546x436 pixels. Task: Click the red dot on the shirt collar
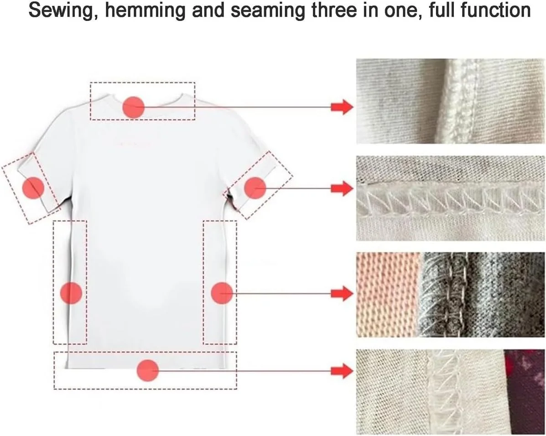(x=133, y=107)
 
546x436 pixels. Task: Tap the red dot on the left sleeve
(x=33, y=188)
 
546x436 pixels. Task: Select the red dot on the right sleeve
(x=255, y=188)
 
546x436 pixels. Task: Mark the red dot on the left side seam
(x=71, y=292)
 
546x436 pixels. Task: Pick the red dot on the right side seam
(x=222, y=292)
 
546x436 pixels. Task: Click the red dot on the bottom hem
(x=148, y=370)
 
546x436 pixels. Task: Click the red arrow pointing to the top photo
(x=342, y=107)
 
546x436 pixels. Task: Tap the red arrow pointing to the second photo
(x=342, y=188)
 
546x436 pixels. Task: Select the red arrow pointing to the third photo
(x=342, y=293)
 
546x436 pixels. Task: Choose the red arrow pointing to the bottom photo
(x=342, y=371)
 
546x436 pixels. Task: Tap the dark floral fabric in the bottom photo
(x=525, y=392)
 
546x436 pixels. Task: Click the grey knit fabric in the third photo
(x=482, y=295)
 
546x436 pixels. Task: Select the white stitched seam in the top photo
(x=460, y=101)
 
